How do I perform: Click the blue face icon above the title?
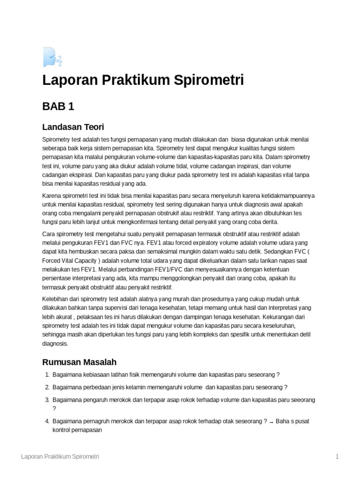coord(51,57)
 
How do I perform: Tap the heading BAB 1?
coord(58,106)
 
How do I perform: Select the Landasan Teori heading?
coord(73,127)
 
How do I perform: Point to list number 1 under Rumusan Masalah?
coord(47,375)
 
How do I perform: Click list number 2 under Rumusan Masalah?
coord(47,387)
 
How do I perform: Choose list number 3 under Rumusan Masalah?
coord(47,400)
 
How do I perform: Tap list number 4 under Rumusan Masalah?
coord(47,421)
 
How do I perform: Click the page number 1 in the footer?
coord(337,456)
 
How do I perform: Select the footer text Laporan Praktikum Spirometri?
coord(60,456)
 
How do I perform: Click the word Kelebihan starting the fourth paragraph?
coord(55,299)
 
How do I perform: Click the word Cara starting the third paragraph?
coord(49,234)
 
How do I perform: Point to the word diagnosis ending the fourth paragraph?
coord(55,343)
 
